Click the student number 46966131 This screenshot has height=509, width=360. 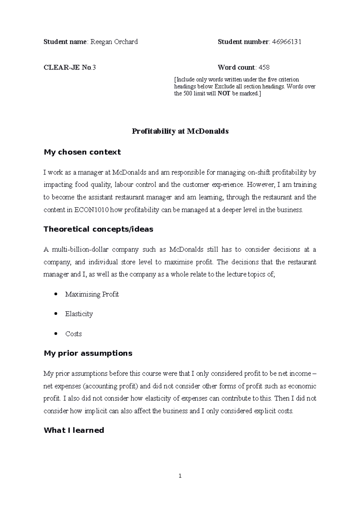(x=286, y=42)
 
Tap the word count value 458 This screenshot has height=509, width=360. (x=264, y=67)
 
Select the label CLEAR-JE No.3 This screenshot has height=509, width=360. (x=70, y=67)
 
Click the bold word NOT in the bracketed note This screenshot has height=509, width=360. (x=222, y=94)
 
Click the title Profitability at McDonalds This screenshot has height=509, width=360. (x=180, y=131)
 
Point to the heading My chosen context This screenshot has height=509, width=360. (x=82, y=152)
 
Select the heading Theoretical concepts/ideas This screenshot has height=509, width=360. (x=98, y=229)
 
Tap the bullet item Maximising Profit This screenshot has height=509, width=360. (x=92, y=294)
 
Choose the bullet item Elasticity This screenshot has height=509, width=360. (x=79, y=314)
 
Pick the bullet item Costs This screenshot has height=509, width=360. (x=73, y=334)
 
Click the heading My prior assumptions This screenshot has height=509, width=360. (x=88, y=353)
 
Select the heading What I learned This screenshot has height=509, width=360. (x=74, y=430)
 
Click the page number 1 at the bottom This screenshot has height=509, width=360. (x=180, y=476)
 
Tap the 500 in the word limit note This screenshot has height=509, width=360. (x=186, y=94)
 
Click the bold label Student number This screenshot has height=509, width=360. (x=243, y=42)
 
